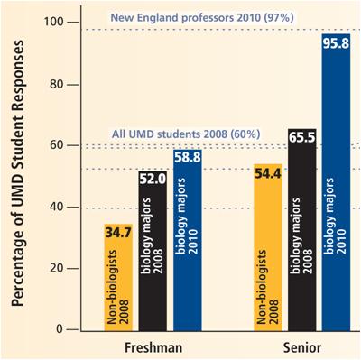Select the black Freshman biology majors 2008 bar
point(153,262)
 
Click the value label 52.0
point(153,180)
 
